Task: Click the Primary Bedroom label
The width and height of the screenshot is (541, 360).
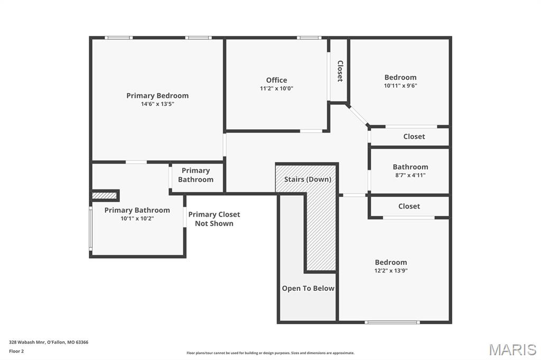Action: point(157,96)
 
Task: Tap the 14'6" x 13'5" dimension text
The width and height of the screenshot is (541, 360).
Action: point(157,104)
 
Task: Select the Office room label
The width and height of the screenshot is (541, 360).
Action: point(276,80)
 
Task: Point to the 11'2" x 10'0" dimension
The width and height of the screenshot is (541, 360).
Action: point(276,89)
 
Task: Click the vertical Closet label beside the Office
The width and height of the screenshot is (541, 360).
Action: point(340,71)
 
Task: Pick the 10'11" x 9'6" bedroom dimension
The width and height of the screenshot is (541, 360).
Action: point(400,86)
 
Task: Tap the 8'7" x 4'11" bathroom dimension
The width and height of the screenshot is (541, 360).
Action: point(410,175)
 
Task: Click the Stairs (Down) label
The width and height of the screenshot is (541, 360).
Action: point(307,179)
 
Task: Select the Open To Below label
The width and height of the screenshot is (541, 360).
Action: point(308,288)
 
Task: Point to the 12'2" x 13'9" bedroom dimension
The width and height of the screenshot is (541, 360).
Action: point(391,271)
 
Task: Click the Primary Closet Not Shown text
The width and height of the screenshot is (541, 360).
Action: point(214,219)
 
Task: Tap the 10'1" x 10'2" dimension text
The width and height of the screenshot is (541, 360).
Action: point(137,219)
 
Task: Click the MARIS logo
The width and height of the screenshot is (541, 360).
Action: point(512,349)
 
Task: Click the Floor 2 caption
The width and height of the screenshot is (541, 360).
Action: point(16,351)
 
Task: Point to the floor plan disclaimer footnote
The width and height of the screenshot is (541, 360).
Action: point(270,353)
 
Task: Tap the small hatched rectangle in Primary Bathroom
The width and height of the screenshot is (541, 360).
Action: point(104,195)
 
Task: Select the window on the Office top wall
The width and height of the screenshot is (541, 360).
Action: point(309,37)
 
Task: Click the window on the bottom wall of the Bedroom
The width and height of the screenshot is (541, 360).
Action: point(393,322)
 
